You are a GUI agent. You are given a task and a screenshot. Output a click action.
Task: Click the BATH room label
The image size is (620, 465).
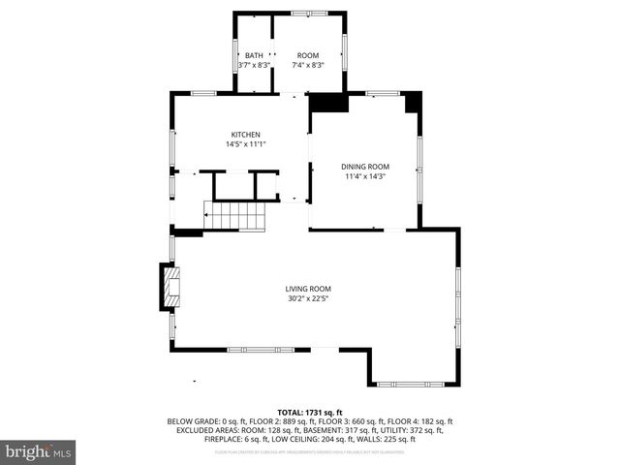tap(254, 55)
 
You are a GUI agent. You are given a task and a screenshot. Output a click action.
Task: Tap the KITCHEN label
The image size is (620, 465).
tap(245, 135)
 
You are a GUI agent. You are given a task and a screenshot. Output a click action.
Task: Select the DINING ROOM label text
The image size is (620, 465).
tap(365, 167)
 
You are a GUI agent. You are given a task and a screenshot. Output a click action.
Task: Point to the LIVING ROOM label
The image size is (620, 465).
tap(308, 289)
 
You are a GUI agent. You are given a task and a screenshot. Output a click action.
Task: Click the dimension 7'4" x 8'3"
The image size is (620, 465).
tap(308, 65)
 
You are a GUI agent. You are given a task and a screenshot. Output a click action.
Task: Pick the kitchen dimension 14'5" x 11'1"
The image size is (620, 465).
tap(245, 144)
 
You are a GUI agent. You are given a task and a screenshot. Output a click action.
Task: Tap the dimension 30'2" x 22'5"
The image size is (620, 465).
tap(308, 298)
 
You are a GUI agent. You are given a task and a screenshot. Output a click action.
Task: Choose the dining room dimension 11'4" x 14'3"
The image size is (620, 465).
tap(365, 176)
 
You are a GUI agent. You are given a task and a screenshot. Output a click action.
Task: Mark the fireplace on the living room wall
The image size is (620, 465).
tap(171, 286)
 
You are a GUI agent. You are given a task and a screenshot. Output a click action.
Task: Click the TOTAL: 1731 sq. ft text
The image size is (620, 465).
tap(310, 413)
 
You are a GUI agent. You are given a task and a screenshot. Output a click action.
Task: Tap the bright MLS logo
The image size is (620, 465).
tap(39, 451)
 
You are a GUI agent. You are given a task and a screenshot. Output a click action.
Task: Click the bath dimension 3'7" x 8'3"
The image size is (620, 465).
tap(254, 65)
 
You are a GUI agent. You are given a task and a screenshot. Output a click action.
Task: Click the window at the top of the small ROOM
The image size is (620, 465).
tap(309, 14)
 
